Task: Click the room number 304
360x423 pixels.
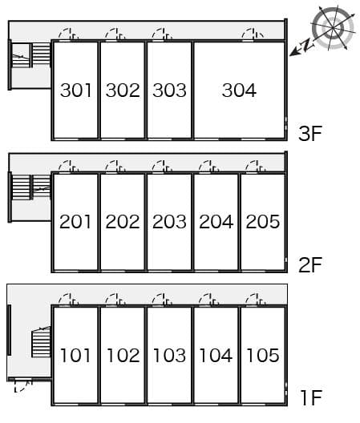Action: tap(239, 90)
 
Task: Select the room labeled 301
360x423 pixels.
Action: tap(75, 90)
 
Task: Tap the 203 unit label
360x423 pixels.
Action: tap(169, 222)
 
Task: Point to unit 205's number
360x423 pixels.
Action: tap(262, 222)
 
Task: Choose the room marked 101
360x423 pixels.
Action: tap(75, 355)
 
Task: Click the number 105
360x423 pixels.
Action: tap(262, 355)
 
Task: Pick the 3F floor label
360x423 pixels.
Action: tap(310, 133)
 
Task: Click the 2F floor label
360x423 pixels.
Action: tap(310, 265)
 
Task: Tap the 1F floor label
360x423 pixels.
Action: tap(311, 398)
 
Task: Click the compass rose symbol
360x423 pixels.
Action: tap(333, 28)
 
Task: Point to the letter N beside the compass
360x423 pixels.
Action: tap(307, 45)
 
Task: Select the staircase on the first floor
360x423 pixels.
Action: tap(41, 342)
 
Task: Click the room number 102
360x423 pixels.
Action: tap(123, 355)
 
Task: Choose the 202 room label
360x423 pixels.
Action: tap(123, 222)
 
